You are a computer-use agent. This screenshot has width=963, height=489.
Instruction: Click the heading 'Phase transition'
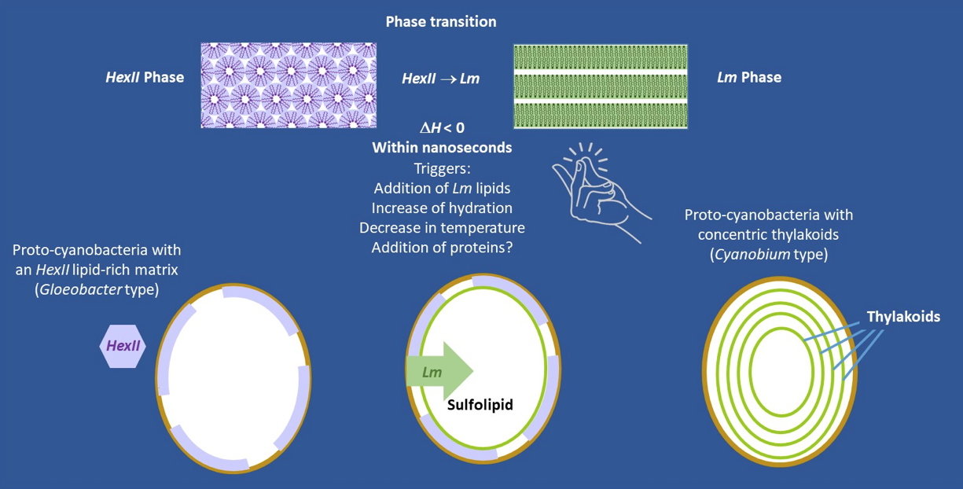(441, 22)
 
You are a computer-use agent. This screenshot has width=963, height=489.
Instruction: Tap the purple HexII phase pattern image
(289, 86)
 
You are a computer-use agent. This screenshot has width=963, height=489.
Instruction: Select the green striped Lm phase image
(601, 86)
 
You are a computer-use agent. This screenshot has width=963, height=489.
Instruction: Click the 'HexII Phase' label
(145, 77)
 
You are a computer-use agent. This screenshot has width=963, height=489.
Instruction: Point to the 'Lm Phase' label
(749, 77)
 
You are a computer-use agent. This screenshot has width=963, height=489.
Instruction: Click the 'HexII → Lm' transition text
(440, 79)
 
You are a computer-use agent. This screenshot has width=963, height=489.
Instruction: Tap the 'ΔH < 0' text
(442, 127)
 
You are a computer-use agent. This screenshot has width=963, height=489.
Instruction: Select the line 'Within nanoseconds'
(442, 148)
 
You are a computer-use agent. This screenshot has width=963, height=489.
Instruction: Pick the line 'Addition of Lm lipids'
(442, 188)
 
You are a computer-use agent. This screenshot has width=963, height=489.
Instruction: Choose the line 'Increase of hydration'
(442, 208)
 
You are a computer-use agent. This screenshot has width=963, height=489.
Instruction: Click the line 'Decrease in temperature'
(442, 228)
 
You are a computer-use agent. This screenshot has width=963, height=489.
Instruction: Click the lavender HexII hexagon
(123, 346)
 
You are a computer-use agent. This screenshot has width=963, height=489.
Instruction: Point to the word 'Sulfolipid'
(480, 406)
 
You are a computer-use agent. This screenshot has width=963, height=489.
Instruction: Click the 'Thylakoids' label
(903, 317)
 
